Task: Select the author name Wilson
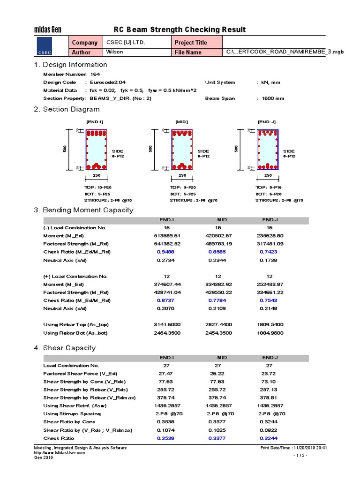(x=115, y=52)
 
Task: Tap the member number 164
(x=95, y=74)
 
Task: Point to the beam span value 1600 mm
(x=270, y=98)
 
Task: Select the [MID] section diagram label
(x=181, y=122)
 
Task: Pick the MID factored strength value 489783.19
(x=218, y=244)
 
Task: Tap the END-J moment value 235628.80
(x=270, y=236)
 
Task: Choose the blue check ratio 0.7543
(x=270, y=300)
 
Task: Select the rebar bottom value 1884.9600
(x=270, y=333)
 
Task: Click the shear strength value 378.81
(x=270, y=397)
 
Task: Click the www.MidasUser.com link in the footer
(x=60, y=453)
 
